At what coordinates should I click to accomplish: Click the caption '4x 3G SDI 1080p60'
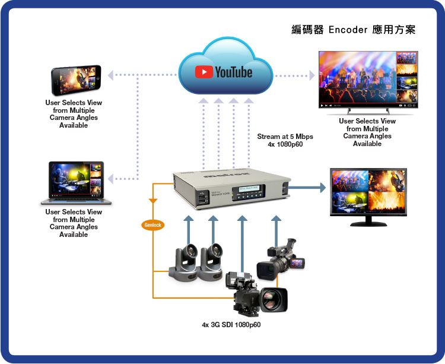pyautogui.click(x=231, y=325)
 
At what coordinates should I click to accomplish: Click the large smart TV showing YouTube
pyautogui.click(x=368, y=80)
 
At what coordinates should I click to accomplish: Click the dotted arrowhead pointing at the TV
pyautogui.click(x=311, y=75)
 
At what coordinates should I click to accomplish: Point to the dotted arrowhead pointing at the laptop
pyautogui.click(x=113, y=178)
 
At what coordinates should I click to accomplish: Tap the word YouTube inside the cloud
pyautogui.click(x=233, y=72)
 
